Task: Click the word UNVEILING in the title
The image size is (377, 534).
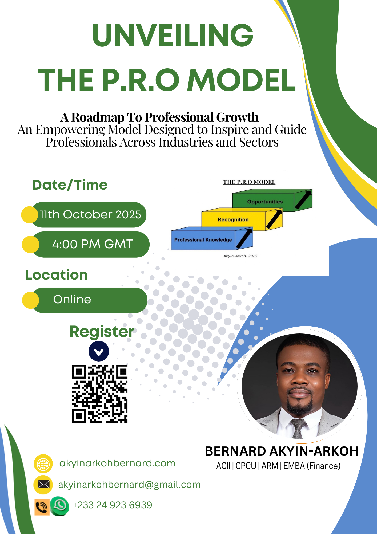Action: (173, 35)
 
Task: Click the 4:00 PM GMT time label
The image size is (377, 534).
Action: (93, 244)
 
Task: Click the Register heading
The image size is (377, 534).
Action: (102, 332)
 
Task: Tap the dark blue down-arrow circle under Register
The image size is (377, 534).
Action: (99, 351)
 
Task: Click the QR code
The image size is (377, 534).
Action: (99, 394)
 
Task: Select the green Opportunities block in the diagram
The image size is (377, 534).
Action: (272, 201)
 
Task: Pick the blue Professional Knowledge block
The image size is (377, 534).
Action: (212, 239)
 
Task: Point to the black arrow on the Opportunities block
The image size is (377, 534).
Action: (303, 200)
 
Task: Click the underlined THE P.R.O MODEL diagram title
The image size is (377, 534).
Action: (249, 182)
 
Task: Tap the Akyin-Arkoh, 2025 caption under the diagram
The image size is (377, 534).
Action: (240, 256)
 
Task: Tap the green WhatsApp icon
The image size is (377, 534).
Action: (59, 506)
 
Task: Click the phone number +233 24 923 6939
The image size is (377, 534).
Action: (112, 505)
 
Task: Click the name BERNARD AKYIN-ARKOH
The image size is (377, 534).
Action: (282, 451)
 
